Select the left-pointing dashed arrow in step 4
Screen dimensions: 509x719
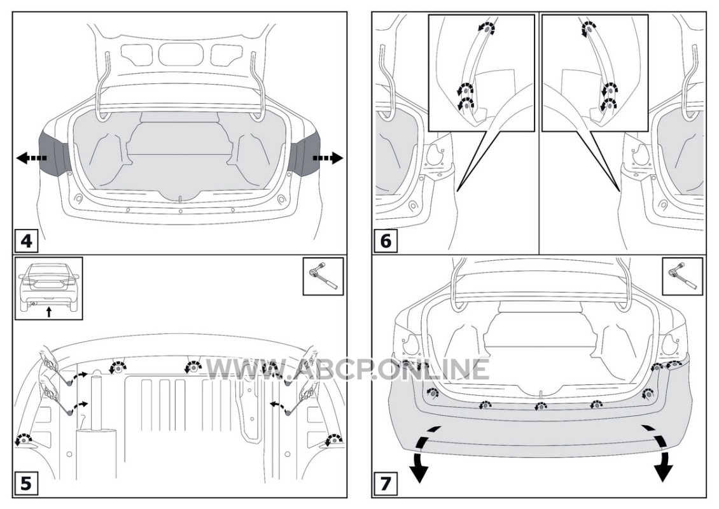click(29, 158)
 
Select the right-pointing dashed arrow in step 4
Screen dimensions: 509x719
click(328, 158)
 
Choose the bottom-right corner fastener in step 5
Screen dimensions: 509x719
click(332, 438)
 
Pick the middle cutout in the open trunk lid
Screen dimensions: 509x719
click(181, 53)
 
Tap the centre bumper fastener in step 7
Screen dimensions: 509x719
click(540, 405)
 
